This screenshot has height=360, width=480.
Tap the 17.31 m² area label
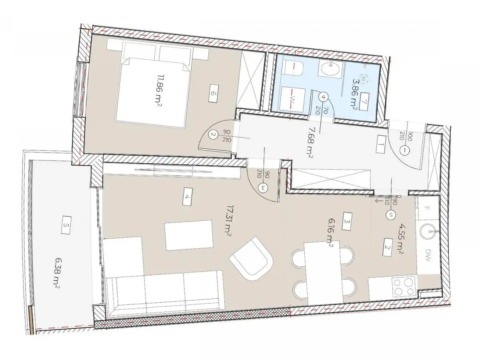tap(229, 221)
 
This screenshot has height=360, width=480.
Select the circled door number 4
tap(324, 96)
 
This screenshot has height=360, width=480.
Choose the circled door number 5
tap(391, 215)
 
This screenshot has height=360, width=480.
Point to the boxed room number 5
tap(66, 226)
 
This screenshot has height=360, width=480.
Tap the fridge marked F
tap(427, 209)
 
